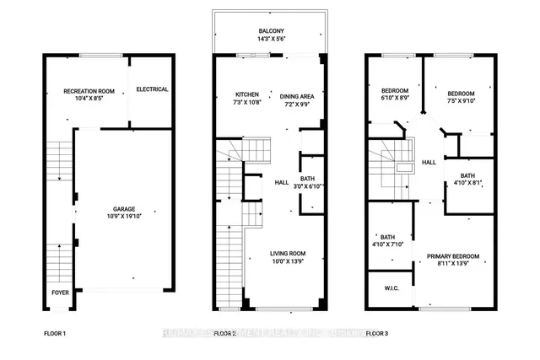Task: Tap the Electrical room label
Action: point(152,89)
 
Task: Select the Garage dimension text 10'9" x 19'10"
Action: point(124,217)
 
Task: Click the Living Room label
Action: point(287,254)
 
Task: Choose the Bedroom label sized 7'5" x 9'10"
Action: point(461,94)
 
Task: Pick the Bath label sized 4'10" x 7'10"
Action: point(387,237)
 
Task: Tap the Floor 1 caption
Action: point(55,334)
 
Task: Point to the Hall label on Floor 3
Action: point(428,162)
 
